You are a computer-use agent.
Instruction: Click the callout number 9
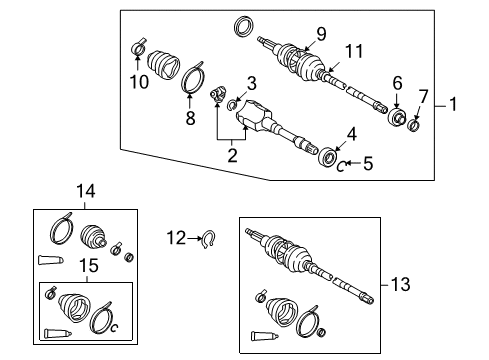(321, 34)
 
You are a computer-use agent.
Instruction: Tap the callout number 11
(354, 52)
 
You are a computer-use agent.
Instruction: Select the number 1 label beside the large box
(453, 104)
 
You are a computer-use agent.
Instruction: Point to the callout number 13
(400, 285)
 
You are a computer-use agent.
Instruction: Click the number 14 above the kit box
(86, 192)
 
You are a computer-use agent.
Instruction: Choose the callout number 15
(89, 266)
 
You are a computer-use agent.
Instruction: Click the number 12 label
(176, 238)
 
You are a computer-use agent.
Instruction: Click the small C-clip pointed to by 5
(340, 166)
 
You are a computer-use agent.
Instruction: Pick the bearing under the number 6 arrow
(397, 117)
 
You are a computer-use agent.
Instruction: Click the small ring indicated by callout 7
(414, 125)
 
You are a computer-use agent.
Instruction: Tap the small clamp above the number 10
(138, 48)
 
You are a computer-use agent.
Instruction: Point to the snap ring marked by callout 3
(230, 106)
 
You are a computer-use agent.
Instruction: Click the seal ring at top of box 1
(244, 27)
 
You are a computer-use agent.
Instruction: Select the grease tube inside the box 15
(57, 333)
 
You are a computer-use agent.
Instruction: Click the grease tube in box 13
(264, 336)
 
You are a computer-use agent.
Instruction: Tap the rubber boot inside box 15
(74, 307)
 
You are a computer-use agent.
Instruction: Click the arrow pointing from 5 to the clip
(353, 163)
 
